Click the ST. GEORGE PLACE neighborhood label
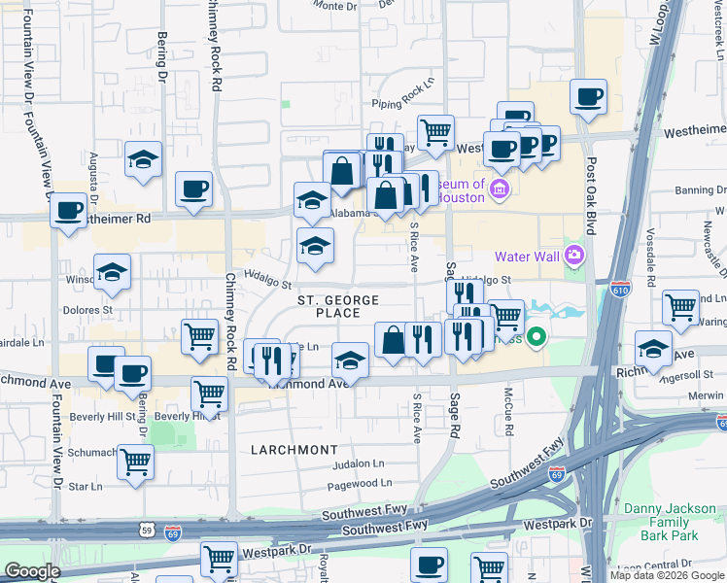(329, 305)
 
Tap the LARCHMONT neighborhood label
(294, 450)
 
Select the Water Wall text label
(527, 257)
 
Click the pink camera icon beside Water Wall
(575, 256)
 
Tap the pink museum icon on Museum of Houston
(501, 187)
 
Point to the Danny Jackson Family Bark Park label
(662, 522)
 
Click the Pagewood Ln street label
(360, 483)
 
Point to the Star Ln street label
(86, 486)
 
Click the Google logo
(32, 571)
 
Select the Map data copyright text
(666, 575)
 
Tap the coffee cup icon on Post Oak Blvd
(588, 97)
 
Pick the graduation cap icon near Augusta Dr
(143, 159)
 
